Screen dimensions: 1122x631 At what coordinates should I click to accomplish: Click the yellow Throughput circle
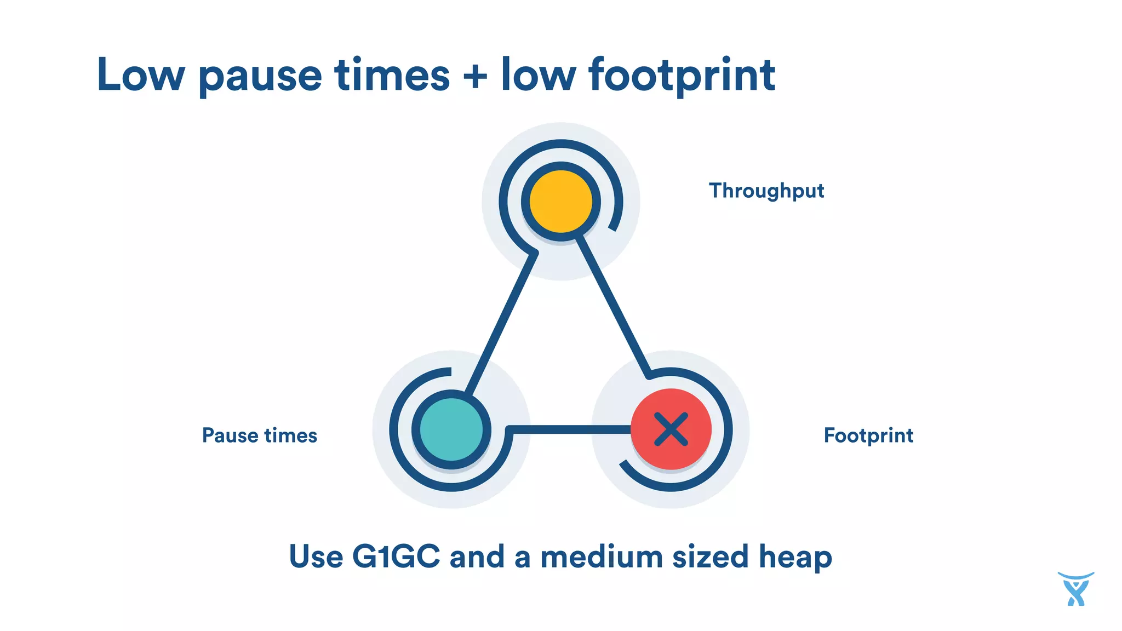[x=560, y=201]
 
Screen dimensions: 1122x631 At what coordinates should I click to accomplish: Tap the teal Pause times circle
[x=451, y=429]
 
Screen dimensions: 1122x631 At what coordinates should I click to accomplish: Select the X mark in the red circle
[x=671, y=429]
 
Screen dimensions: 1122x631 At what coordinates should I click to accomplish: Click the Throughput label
[x=766, y=191]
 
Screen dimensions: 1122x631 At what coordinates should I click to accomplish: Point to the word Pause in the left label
[x=230, y=435]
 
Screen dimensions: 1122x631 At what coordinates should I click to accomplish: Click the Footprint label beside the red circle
[x=868, y=435]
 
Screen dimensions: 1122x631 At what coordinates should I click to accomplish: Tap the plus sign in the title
[x=475, y=76]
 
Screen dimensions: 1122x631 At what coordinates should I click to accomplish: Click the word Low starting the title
[x=141, y=76]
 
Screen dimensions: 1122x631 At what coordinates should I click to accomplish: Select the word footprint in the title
[x=682, y=76]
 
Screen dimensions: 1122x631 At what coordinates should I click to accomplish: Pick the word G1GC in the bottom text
[x=396, y=557]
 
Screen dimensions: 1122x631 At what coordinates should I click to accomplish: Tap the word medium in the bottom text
[x=601, y=557]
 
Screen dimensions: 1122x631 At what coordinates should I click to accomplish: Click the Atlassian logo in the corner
[x=1075, y=589]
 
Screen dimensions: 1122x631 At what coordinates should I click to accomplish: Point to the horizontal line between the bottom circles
[x=570, y=429]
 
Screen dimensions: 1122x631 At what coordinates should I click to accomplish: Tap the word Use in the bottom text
[x=316, y=557]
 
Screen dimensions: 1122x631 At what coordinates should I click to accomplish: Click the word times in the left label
[x=290, y=435]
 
